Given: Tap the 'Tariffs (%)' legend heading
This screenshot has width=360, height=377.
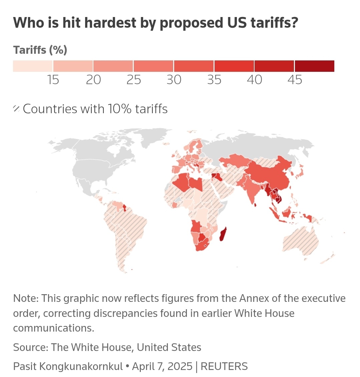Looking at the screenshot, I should (40, 50).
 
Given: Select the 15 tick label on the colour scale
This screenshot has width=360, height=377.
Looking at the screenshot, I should (53, 80).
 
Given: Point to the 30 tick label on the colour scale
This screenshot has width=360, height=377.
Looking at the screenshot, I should (174, 80).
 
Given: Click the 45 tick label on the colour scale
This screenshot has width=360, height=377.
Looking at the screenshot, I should (295, 80).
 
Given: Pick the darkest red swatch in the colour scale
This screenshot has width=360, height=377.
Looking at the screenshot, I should (314, 66).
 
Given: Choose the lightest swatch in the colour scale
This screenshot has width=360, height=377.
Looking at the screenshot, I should (33, 66).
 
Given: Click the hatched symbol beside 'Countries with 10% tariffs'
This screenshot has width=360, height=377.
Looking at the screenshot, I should (16, 109).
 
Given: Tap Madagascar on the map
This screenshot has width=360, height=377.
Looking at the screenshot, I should (223, 235).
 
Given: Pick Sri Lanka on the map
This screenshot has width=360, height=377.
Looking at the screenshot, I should (256, 204).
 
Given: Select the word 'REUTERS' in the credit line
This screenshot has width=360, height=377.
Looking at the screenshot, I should (224, 366).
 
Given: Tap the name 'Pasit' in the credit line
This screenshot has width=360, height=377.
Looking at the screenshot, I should (25, 366).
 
